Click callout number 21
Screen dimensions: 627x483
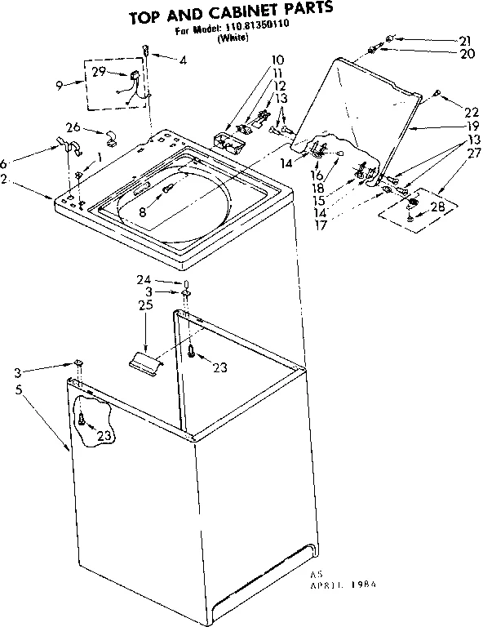[464, 40]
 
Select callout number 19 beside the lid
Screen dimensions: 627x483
[450, 128]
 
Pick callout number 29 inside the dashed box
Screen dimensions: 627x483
[99, 73]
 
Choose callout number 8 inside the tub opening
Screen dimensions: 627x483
[144, 211]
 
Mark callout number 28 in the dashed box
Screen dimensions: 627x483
[438, 207]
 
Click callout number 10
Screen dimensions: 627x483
[277, 60]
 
